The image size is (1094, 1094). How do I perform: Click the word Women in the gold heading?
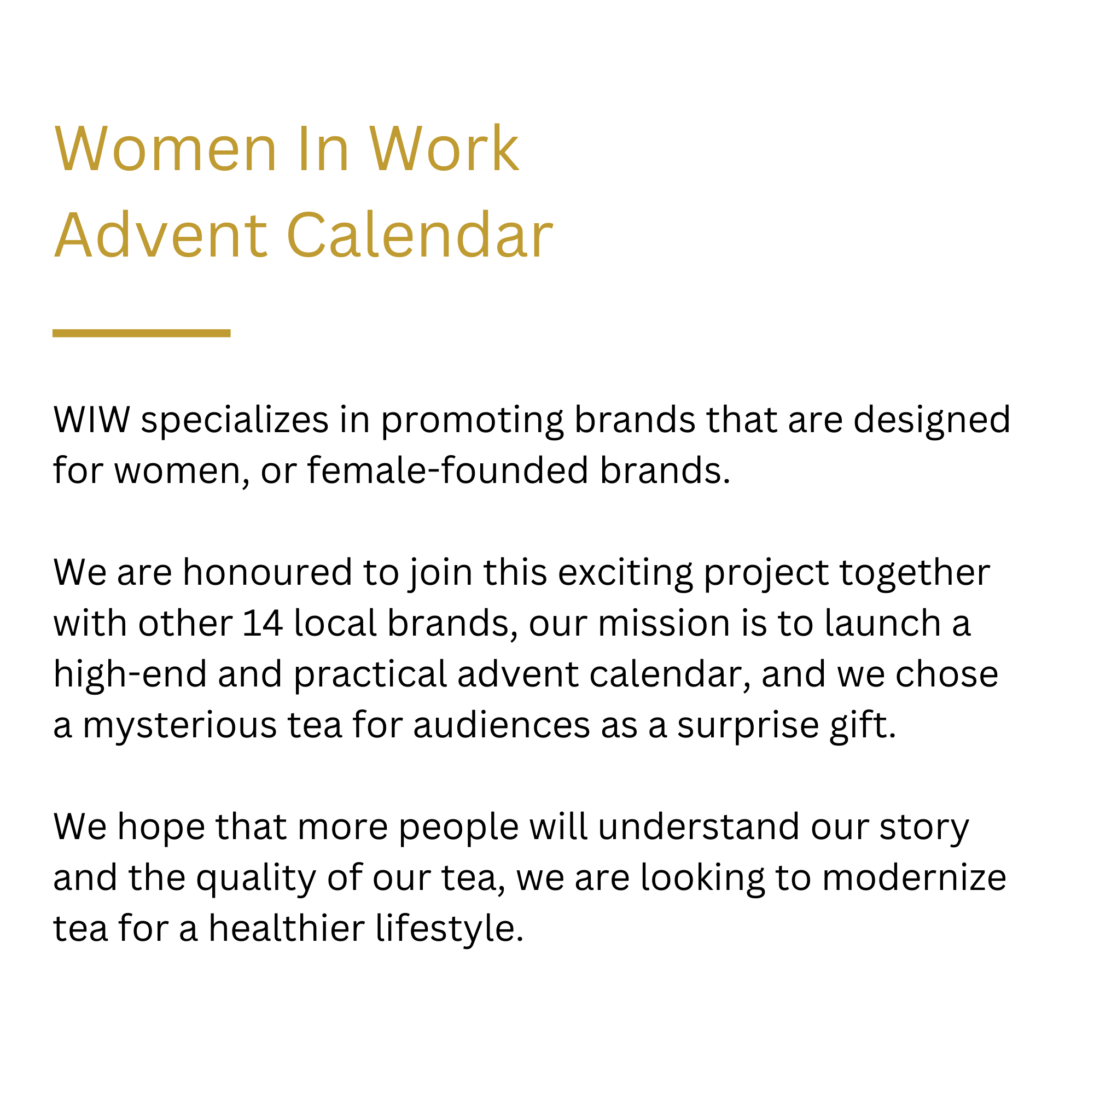click(165, 148)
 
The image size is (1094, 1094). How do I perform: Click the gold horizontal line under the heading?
click(142, 333)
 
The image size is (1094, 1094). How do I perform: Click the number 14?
click(263, 624)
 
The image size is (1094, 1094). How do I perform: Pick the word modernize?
click(914, 878)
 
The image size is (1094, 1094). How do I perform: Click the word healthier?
click(287, 929)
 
